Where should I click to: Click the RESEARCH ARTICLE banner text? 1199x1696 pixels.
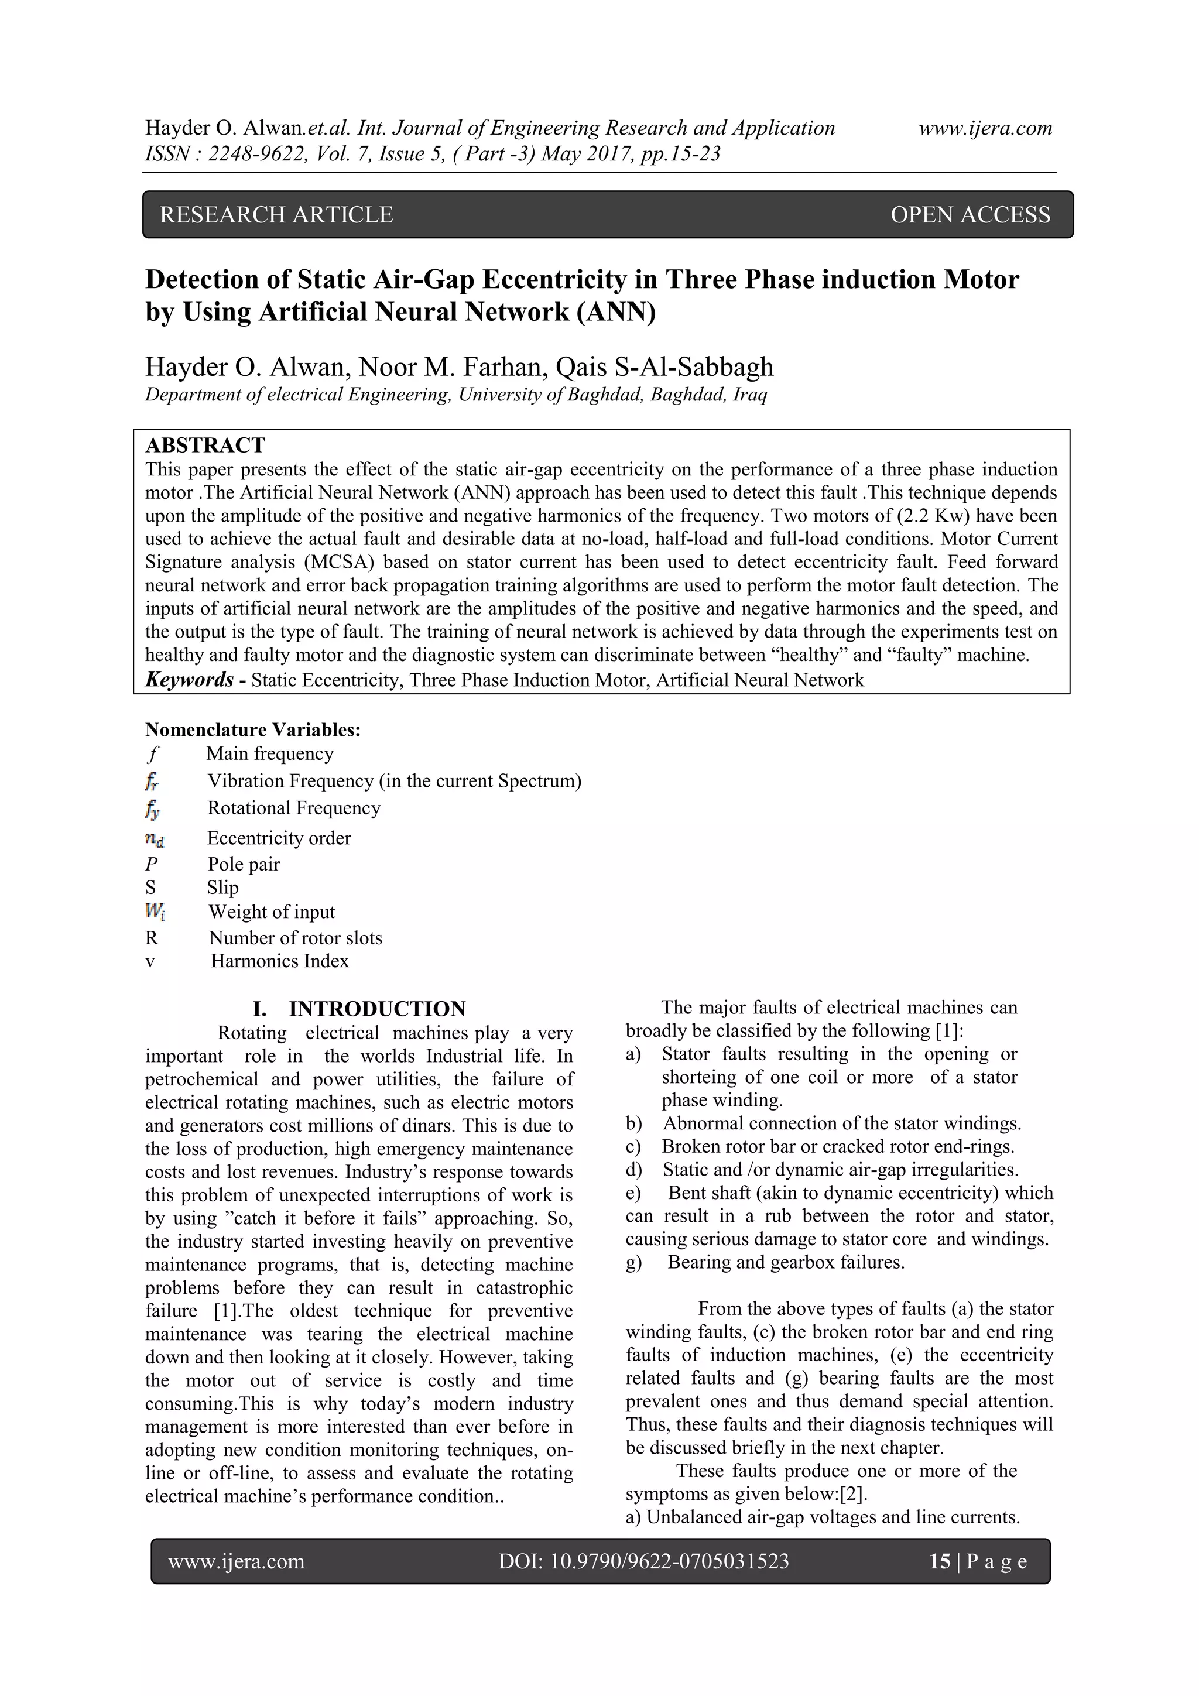(276, 215)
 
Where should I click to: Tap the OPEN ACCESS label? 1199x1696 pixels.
(970, 215)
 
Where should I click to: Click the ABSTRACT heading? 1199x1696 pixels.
(205, 446)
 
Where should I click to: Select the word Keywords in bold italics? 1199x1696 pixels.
(189, 680)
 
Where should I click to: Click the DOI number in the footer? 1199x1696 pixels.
(643, 1561)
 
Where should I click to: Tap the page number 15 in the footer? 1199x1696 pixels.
(940, 1561)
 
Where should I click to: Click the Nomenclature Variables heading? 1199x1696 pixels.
(253, 730)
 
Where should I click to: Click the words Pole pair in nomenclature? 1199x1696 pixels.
(244, 864)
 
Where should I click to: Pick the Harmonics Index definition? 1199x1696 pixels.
(279, 961)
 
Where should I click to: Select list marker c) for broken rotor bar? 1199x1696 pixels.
(633, 1146)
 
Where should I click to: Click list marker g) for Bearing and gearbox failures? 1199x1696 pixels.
(633, 1262)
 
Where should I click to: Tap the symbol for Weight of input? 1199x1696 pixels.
(155, 913)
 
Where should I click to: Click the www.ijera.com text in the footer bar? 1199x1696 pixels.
(237, 1561)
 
